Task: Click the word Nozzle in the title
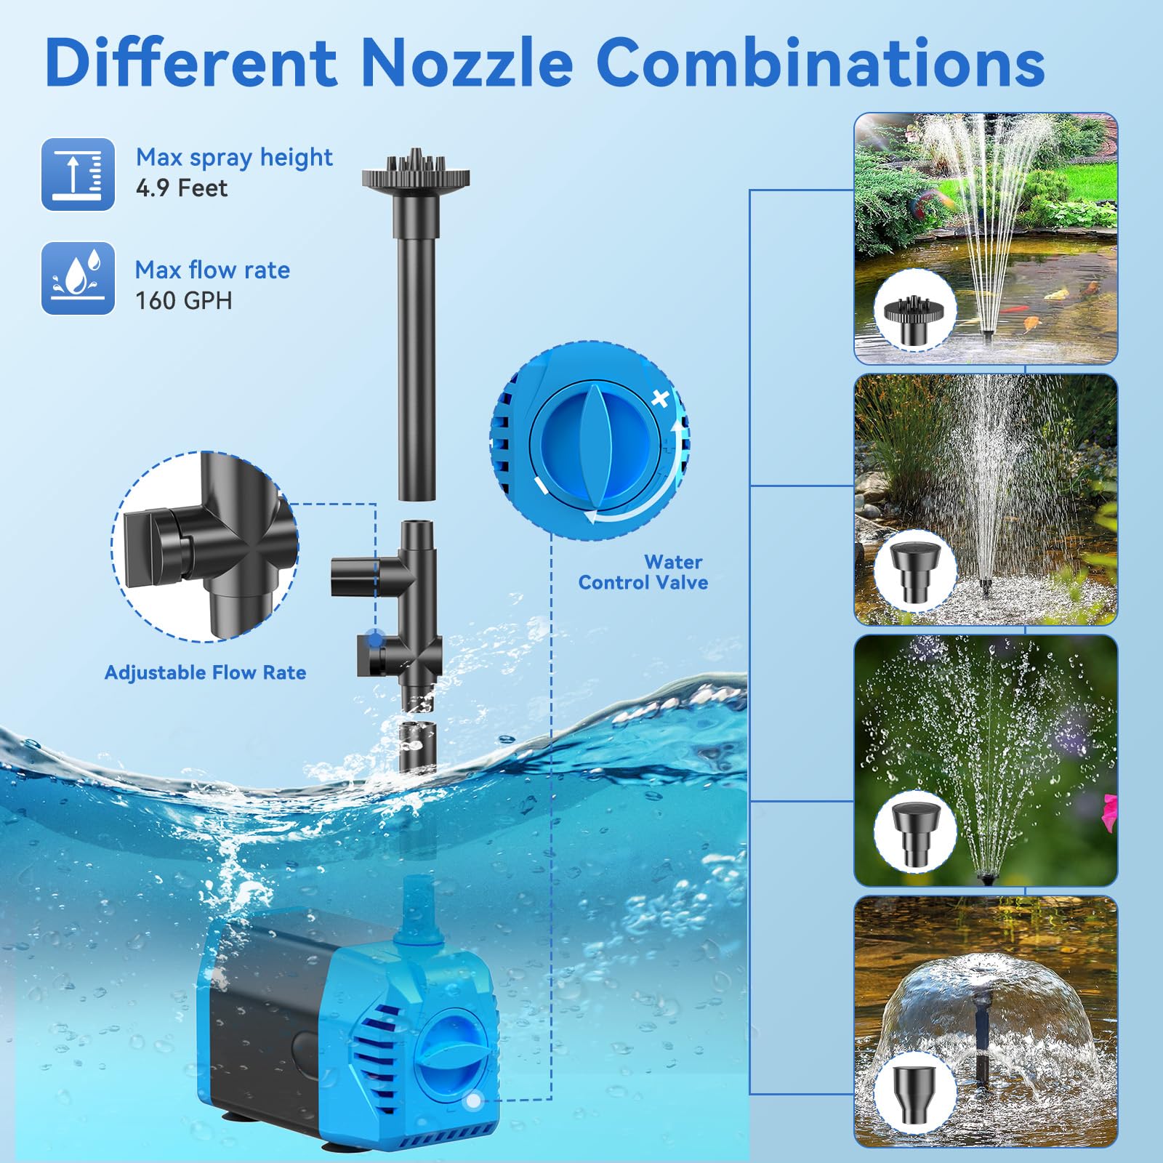point(466,62)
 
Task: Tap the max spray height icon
point(78,174)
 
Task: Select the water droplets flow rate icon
point(78,278)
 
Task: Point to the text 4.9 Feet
point(182,188)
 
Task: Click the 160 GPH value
point(184,300)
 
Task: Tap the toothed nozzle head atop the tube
point(416,172)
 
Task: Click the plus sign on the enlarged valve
point(660,398)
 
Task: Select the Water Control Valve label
point(643,572)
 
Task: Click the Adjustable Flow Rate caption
point(205,672)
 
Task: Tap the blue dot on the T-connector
point(374,640)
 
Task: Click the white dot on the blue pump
point(473,1102)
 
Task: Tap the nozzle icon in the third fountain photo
point(915,830)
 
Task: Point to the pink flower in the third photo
point(1109,811)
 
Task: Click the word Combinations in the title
point(821,62)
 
